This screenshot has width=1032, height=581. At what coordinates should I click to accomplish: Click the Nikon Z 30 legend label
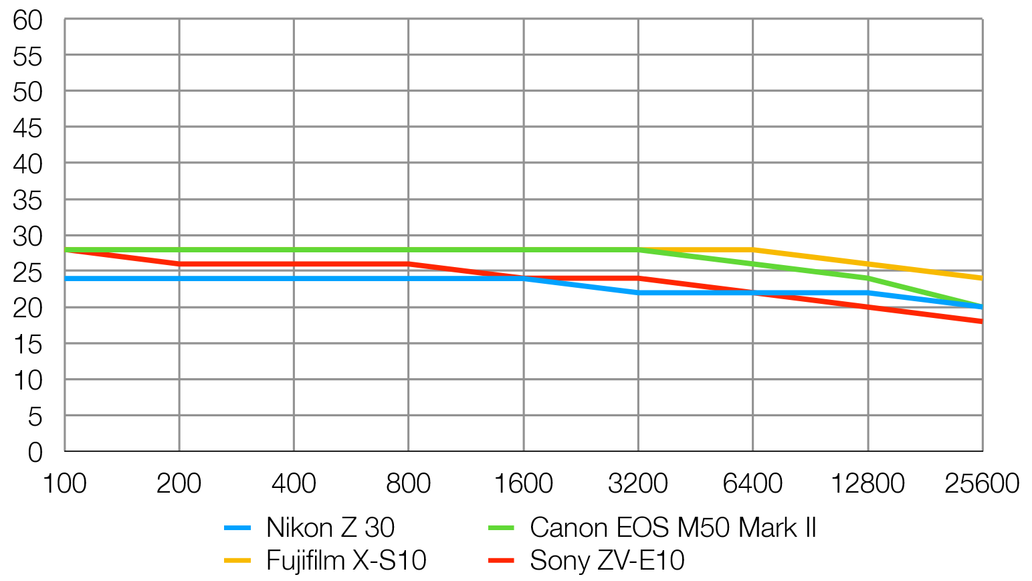coord(330,528)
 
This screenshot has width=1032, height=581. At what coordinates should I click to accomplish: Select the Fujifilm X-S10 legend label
coord(346,560)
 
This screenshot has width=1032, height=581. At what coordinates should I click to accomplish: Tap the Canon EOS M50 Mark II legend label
coord(673,528)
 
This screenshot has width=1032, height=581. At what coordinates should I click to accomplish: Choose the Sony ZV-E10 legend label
coord(607,560)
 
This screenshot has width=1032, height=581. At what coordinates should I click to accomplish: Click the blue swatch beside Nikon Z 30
coord(237,528)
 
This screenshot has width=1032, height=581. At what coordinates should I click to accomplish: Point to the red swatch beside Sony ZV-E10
coord(501,560)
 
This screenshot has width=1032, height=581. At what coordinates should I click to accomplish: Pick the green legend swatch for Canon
coord(501,528)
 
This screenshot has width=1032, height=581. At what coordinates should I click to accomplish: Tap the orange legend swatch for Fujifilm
coord(237,560)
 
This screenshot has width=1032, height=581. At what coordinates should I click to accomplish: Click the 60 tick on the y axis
coord(27,20)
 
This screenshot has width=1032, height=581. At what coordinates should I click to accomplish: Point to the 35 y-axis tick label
coord(27,200)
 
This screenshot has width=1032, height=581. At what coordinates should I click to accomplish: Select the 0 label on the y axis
coord(35,452)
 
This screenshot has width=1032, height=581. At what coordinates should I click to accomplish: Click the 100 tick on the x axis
coord(64,483)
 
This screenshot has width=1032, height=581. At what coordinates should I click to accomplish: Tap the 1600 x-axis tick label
coord(523,483)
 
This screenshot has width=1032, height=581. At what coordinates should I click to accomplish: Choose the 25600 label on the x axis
coord(981,483)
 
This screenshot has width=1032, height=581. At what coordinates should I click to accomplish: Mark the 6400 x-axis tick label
coord(752,483)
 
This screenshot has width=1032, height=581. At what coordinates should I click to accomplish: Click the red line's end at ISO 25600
coord(981,321)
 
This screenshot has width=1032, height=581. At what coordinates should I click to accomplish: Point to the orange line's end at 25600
coord(981,278)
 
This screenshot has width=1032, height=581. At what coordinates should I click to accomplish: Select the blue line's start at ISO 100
coord(66,278)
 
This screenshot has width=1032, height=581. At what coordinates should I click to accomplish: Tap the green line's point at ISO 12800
coord(867,278)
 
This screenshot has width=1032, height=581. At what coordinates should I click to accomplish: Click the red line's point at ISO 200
coord(179,264)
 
